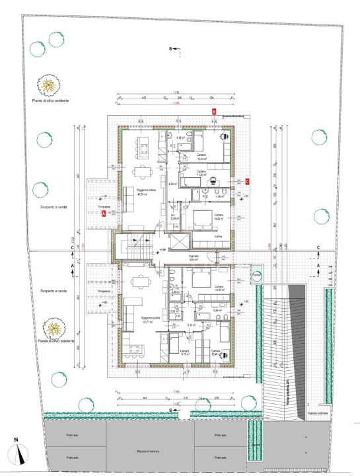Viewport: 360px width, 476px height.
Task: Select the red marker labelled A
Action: click(104, 212)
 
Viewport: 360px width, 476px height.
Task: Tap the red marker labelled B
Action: click(213, 112)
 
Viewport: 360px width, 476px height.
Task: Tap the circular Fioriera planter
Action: click(254, 275)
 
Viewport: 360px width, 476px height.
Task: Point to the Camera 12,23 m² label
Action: click(201, 157)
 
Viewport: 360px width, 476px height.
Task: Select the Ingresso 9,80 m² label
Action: click(194, 259)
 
